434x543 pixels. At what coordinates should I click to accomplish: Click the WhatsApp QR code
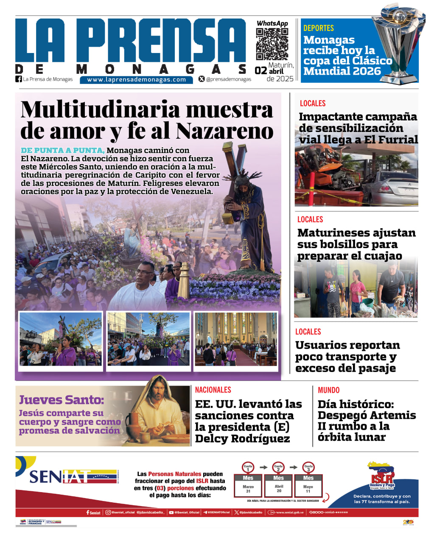point(272,44)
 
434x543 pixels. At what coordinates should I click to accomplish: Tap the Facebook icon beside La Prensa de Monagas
point(18,79)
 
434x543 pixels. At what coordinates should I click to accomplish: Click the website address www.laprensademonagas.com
point(136,79)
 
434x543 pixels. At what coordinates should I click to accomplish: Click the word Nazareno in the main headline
point(225,131)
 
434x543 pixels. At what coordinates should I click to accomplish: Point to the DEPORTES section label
point(319,28)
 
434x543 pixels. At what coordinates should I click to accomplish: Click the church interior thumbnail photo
point(236,339)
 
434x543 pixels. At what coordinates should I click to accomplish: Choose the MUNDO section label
point(329,390)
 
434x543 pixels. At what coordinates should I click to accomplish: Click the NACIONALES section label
point(213,390)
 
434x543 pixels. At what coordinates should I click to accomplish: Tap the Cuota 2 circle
point(278,467)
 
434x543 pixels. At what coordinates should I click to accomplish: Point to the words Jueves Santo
point(62,400)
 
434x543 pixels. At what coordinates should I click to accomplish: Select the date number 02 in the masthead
point(260,71)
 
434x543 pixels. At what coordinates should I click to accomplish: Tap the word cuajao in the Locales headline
point(380,256)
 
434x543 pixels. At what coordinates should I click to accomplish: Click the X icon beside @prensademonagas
point(202,79)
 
